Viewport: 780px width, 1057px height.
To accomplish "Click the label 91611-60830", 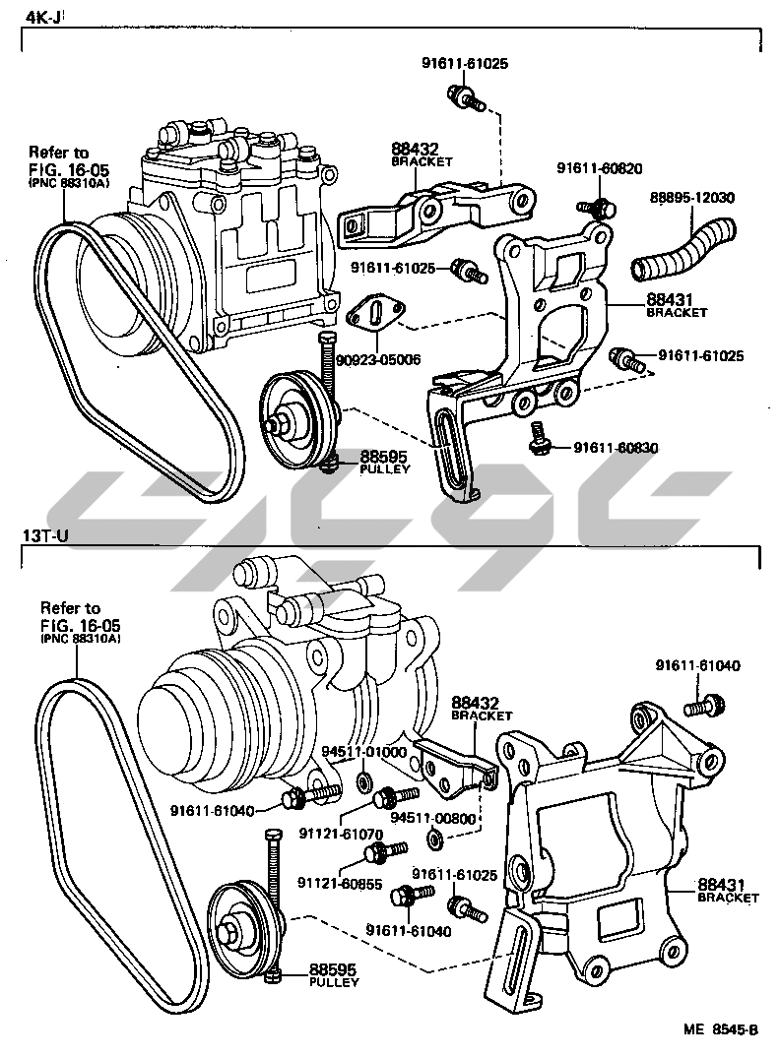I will (x=617, y=448).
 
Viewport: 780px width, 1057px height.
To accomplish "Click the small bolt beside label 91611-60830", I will (x=539, y=438).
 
